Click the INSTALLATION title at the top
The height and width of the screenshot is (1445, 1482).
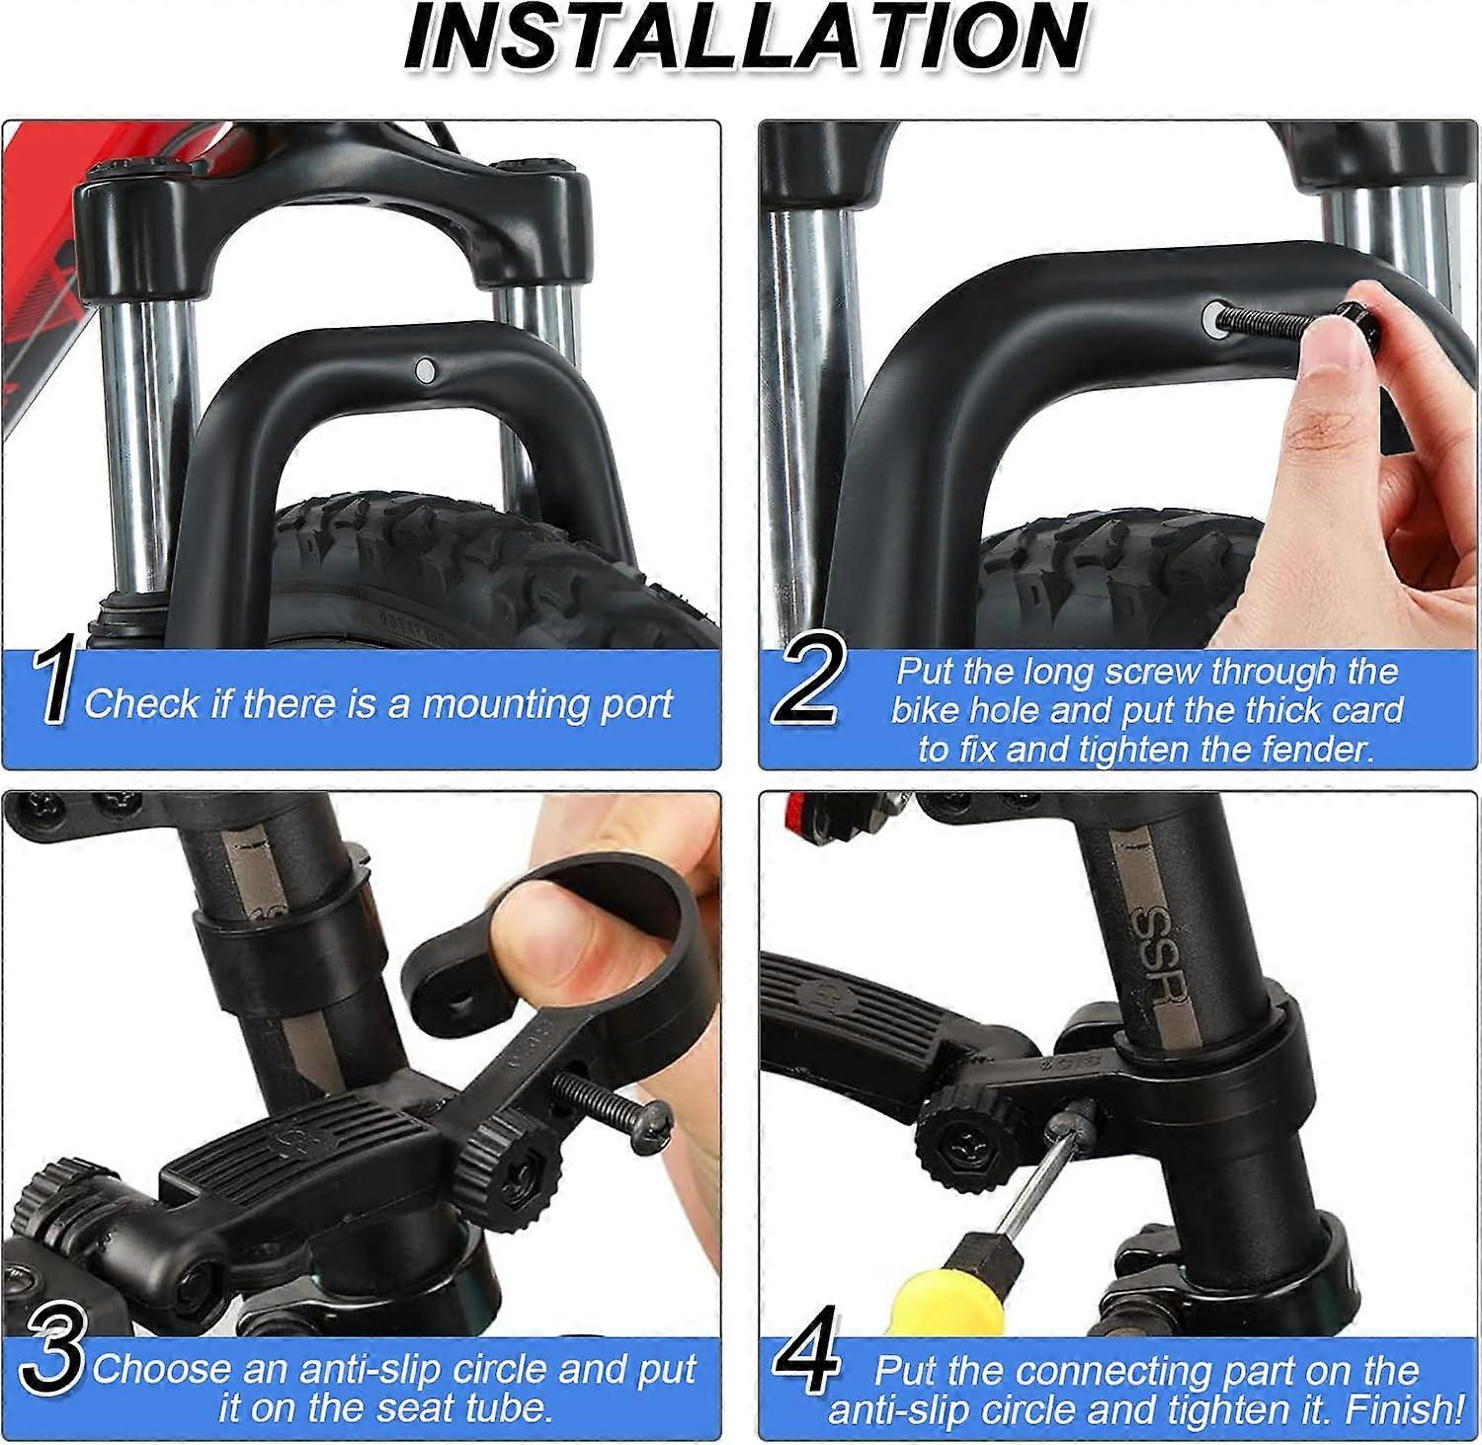pos(746,38)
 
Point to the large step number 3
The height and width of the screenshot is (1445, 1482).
pos(51,1351)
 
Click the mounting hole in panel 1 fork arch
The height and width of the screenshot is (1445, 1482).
pos(426,370)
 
